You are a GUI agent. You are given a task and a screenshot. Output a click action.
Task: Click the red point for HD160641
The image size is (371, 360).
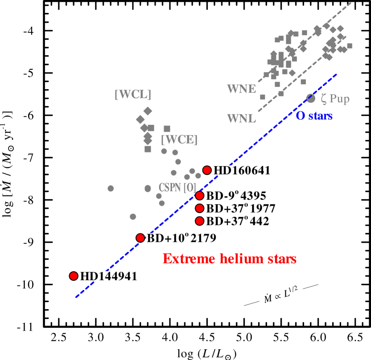pos(207,170)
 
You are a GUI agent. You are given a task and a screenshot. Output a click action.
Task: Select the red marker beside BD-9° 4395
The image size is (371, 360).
pos(200,195)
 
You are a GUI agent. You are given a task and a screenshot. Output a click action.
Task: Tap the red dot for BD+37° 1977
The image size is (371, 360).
pos(200,208)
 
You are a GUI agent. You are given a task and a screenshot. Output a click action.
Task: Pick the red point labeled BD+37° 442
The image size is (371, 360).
pos(200,221)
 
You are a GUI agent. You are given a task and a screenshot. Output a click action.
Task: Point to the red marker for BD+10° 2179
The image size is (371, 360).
pos(140,237)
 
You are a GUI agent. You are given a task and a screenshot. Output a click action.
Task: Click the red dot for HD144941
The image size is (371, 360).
pos(74,276)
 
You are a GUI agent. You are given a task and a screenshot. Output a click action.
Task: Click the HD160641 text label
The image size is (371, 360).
pos(242,170)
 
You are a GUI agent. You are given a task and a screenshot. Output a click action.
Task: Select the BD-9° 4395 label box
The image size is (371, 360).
pos(235,196)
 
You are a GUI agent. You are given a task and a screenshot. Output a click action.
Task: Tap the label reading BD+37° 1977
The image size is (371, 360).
pos(240,209)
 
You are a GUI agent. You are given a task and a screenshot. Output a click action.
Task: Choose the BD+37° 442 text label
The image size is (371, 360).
pos(237,221)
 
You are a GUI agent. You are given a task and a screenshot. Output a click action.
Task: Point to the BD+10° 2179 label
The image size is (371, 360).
pos(181,238)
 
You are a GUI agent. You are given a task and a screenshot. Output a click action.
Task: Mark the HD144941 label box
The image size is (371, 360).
pos(108,276)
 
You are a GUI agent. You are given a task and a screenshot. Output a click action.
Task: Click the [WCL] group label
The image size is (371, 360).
pos(133,94)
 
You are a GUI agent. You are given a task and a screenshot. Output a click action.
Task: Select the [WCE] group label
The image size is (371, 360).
pos(179,139)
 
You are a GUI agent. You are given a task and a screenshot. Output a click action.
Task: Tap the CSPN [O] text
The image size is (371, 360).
pos(177,187)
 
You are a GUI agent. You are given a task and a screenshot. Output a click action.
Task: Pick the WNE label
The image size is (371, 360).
pos(241,89)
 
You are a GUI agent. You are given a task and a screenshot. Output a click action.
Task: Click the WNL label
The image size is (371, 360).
pos(241,119)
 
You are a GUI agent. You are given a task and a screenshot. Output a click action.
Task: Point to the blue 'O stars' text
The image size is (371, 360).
pos(314,116)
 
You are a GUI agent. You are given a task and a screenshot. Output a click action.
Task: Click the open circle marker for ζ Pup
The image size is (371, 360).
pos(311,98)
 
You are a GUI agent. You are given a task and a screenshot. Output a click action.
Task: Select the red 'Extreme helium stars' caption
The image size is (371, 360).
pos(230,258)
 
